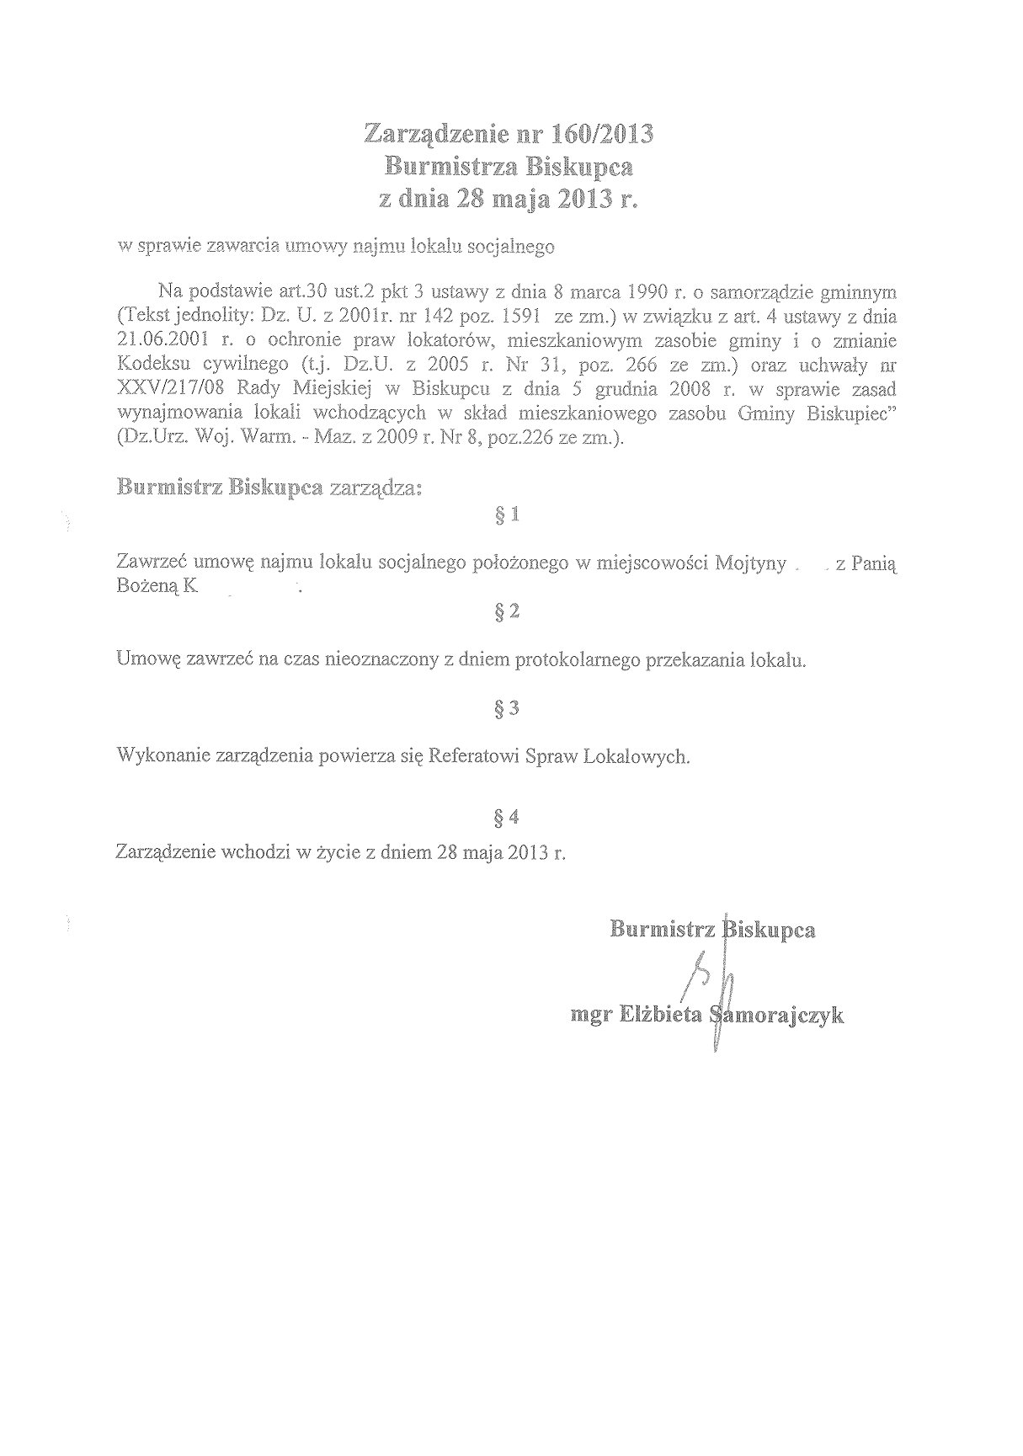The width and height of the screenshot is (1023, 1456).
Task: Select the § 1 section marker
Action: pos(509,515)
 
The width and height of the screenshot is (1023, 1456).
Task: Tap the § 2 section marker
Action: pos(509,612)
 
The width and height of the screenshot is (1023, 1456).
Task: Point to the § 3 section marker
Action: pos(509,709)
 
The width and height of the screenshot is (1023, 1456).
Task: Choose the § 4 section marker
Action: pos(509,816)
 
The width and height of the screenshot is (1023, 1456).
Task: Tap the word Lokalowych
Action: pos(642,756)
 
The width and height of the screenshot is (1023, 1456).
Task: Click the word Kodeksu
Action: pos(151,365)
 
